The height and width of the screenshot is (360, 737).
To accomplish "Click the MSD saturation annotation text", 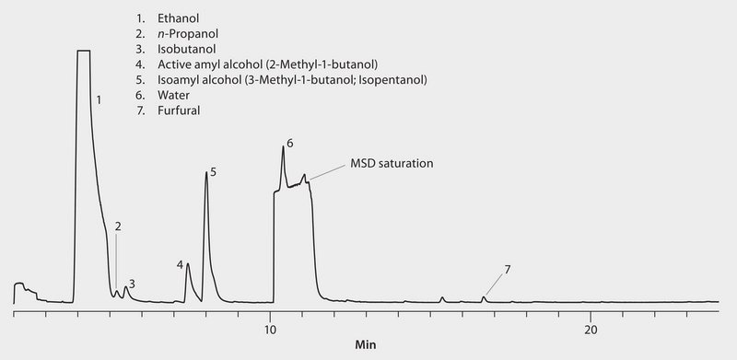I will point(392,164).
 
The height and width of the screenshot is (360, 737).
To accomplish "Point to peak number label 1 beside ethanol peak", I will point(99,97).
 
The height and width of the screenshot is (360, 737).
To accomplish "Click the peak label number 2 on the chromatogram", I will point(118,226).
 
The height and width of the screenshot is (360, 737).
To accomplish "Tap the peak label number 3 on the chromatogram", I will point(132,284).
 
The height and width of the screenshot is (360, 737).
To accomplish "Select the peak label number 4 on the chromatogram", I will point(181,265).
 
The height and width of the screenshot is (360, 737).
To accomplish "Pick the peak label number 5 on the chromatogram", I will point(213,172).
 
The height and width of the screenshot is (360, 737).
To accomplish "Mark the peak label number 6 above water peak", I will point(289,144).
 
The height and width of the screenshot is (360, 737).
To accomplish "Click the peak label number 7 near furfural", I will point(507,270).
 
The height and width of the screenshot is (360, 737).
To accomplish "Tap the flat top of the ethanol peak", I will point(83,52).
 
